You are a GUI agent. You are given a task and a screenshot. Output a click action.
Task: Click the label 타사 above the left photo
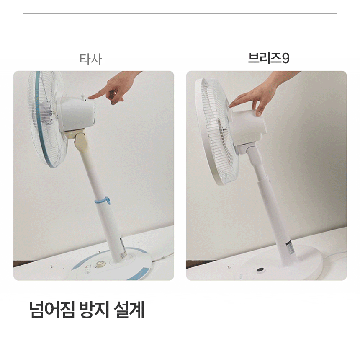point(90,59)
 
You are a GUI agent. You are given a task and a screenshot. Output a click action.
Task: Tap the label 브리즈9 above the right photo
point(269,58)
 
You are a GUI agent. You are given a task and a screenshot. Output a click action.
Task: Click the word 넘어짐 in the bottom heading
point(52,310)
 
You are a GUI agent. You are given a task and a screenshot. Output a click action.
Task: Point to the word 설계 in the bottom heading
point(129,310)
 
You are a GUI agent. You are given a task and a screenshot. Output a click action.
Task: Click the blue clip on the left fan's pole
point(103,200)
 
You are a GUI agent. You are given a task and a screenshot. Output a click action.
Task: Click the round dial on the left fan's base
point(100,264)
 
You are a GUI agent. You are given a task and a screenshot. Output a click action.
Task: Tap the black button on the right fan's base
point(260,270)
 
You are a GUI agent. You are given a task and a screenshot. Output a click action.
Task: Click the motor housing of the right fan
point(247,126)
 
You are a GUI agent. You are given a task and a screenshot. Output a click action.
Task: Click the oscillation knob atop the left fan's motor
point(82,96)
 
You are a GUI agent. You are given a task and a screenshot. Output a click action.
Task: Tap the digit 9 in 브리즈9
point(286,58)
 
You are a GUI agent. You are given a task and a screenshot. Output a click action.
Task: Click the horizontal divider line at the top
point(180,14)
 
